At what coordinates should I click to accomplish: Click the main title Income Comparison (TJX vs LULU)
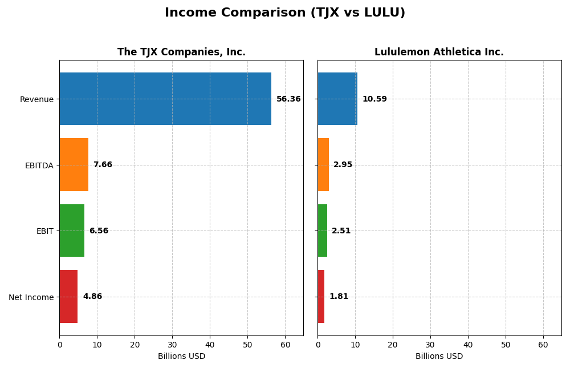pyautogui.click(x=285, y=13)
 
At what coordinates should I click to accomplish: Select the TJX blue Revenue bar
pyautogui.click(x=165, y=99)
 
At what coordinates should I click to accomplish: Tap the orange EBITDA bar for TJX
pyautogui.click(x=74, y=165)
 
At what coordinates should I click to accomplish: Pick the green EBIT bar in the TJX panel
pyautogui.click(x=72, y=231)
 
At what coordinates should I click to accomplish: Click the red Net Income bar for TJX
pyautogui.click(x=68, y=297)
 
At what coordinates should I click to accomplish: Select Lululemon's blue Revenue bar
pyautogui.click(x=337, y=99)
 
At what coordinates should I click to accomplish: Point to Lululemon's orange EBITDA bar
pyautogui.click(x=323, y=165)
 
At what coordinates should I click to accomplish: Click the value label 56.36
pyautogui.click(x=288, y=99)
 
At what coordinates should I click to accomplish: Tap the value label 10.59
pyautogui.click(x=374, y=99)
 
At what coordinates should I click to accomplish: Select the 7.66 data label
pyautogui.click(x=103, y=165)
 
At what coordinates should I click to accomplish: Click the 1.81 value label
pyautogui.click(x=339, y=297)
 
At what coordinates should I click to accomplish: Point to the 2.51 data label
pyautogui.click(x=341, y=231)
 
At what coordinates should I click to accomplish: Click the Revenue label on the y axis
pyautogui.click(x=36, y=99)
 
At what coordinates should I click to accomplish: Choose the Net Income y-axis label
pyautogui.click(x=31, y=297)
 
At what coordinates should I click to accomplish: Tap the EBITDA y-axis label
pyautogui.click(x=39, y=165)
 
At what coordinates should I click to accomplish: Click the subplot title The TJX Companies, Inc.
pyautogui.click(x=181, y=52)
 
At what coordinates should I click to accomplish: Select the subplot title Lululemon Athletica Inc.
pyautogui.click(x=439, y=52)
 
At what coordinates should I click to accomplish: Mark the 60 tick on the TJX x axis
pyautogui.click(x=285, y=345)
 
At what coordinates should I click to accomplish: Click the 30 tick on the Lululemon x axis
pyautogui.click(x=430, y=345)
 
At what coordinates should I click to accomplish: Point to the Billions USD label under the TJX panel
pyautogui.click(x=181, y=357)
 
